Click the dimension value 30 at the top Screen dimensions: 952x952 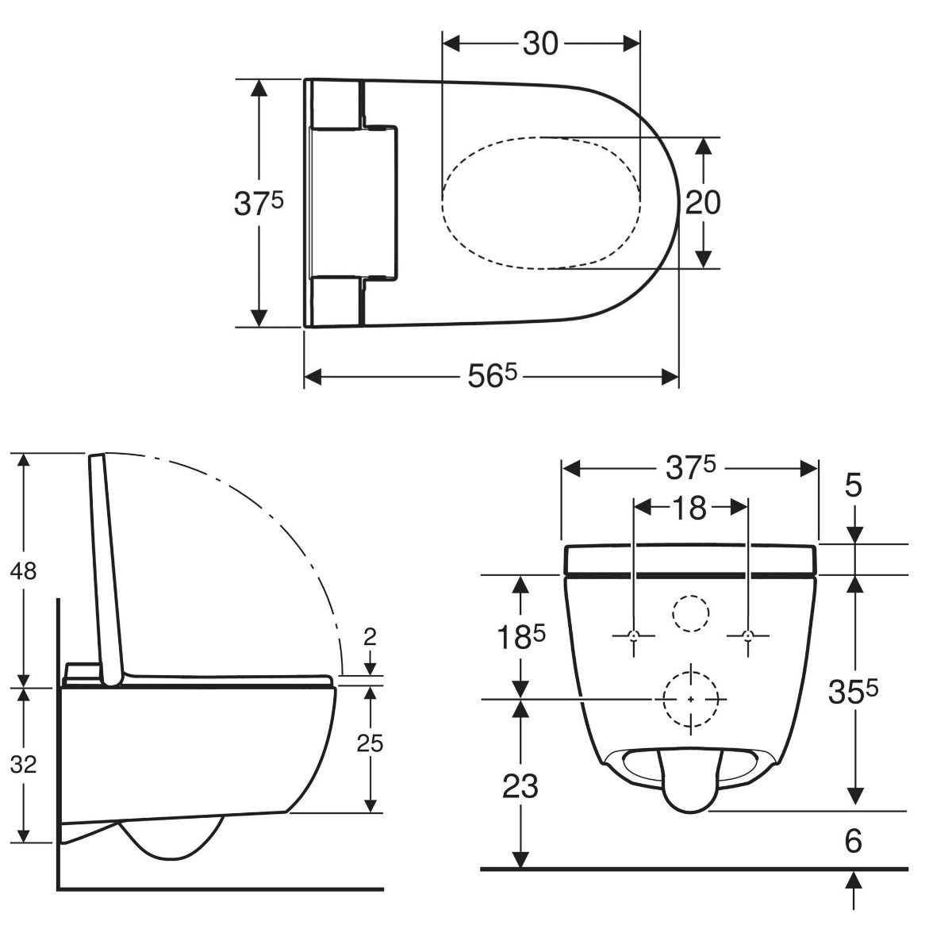pyautogui.click(x=540, y=44)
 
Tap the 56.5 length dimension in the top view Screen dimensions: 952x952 pyautogui.click(x=492, y=378)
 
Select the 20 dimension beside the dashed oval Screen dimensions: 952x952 pyautogui.click(x=703, y=202)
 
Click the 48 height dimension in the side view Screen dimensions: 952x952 pyautogui.click(x=23, y=571)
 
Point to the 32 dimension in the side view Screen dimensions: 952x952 pyautogui.click(x=23, y=765)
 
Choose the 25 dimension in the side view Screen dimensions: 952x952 pyautogui.click(x=370, y=743)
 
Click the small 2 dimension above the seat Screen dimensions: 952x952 pyautogui.click(x=370, y=637)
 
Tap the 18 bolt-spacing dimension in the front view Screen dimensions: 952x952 pyautogui.click(x=689, y=508)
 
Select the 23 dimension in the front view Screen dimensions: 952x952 pyautogui.click(x=520, y=786)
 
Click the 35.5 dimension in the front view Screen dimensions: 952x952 pyautogui.click(x=853, y=692)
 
